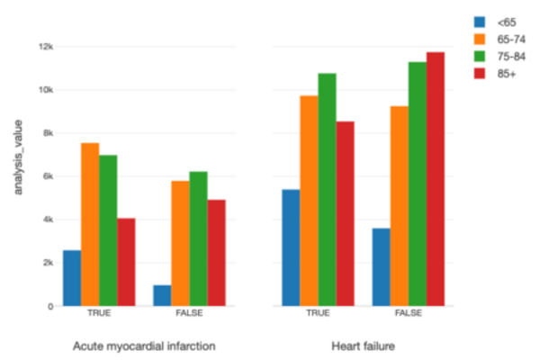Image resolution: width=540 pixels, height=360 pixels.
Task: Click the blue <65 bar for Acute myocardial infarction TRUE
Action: click(x=72, y=278)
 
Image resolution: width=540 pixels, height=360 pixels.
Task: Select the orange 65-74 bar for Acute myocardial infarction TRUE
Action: click(x=90, y=225)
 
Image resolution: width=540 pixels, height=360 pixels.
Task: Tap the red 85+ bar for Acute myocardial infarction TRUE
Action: click(x=126, y=262)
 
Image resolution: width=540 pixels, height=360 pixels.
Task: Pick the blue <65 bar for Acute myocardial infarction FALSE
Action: click(x=162, y=295)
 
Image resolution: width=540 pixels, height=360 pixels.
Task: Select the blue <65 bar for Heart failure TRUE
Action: click(x=291, y=247)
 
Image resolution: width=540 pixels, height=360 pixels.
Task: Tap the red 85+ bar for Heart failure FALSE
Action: click(x=436, y=179)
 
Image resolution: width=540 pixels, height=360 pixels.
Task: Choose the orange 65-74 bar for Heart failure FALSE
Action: click(x=400, y=206)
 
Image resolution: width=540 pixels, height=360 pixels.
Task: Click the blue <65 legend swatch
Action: click(x=481, y=21)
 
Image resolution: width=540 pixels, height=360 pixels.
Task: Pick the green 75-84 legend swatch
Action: click(x=481, y=56)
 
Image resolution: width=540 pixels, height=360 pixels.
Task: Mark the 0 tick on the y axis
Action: click(x=50, y=306)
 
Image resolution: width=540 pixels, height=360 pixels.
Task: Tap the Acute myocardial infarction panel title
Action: click(x=144, y=345)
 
